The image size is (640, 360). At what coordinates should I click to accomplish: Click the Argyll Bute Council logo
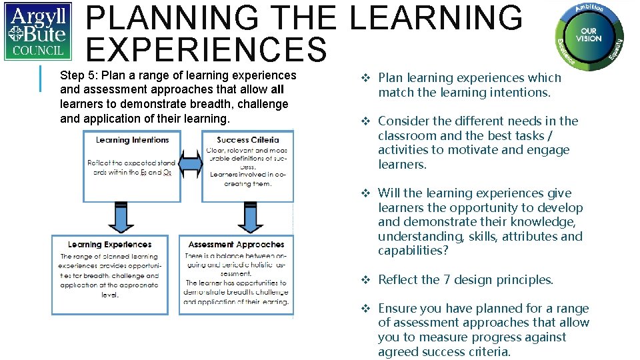pos(38,31)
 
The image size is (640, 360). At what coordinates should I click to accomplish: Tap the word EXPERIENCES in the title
pos(207,51)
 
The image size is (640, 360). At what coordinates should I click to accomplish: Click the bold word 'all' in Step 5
pos(278,90)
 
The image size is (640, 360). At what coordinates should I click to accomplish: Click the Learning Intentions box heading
pos(132,140)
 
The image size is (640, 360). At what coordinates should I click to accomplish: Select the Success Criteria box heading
pos(247,140)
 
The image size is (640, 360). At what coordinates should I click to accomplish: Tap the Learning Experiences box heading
pos(110,245)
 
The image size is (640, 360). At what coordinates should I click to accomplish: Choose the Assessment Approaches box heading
pos(236,245)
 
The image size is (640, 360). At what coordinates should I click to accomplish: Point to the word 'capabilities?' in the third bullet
pos(412,251)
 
